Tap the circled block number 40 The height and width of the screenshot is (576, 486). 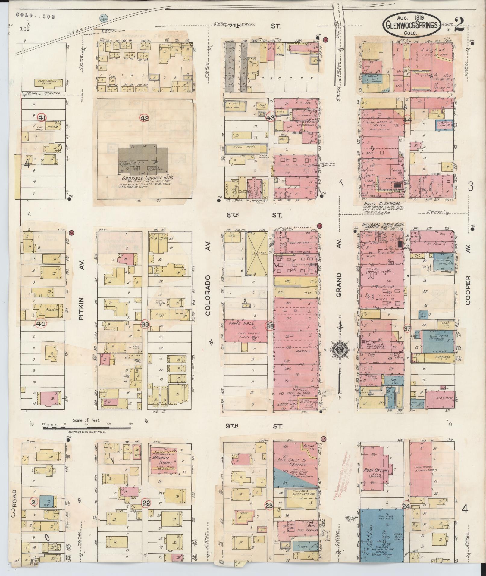tap(40, 324)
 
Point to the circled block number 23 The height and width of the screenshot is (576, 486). tap(269, 506)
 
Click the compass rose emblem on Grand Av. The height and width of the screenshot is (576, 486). tap(340, 350)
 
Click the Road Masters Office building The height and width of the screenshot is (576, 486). tap(49, 82)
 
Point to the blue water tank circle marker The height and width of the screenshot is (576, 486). tap(102, 18)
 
